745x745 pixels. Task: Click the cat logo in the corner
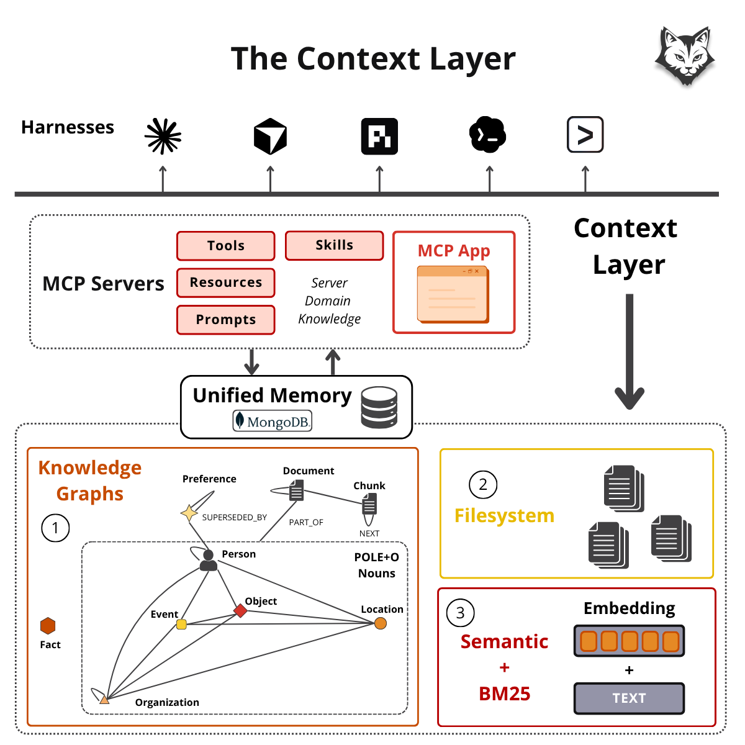(x=684, y=56)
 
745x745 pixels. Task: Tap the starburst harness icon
(x=163, y=136)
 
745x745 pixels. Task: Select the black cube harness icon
(x=270, y=136)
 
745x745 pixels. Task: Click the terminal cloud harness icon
(x=487, y=135)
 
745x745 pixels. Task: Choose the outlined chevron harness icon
(x=585, y=135)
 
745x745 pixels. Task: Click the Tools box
(x=226, y=246)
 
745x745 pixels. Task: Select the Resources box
(x=226, y=282)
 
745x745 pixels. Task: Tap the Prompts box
(x=226, y=320)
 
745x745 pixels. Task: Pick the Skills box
(x=335, y=245)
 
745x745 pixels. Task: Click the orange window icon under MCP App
(x=453, y=294)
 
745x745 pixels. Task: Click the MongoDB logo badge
(x=272, y=421)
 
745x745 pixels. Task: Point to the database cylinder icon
(x=379, y=407)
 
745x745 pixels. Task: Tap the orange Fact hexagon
(x=48, y=626)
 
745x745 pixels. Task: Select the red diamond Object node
(x=240, y=610)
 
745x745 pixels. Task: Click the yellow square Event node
(x=181, y=624)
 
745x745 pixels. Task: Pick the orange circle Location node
(x=381, y=623)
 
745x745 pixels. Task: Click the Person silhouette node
(x=209, y=560)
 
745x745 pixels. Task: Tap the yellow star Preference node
(x=189, y=513)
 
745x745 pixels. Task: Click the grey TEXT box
(x=629, y=698)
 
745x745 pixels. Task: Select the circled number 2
(x=483, y=484)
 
